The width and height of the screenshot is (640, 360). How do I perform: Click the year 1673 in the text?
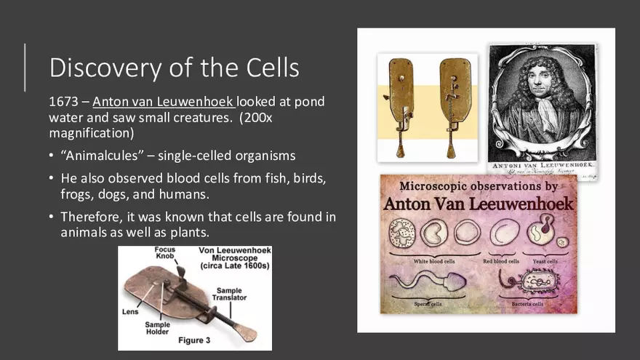[x=64, y=102]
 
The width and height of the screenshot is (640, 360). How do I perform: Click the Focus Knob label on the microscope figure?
[x=164, y=254]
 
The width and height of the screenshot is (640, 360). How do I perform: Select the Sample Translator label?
[x=229, y=295]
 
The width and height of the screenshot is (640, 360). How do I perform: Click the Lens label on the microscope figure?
[x=129, y=311]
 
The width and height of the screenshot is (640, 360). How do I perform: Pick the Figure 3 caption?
[x=195, y=340]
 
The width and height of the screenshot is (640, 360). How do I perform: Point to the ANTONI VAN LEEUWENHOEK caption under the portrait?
[x=543, y=165]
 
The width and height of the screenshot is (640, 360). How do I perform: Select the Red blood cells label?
[x=501, y=260]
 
